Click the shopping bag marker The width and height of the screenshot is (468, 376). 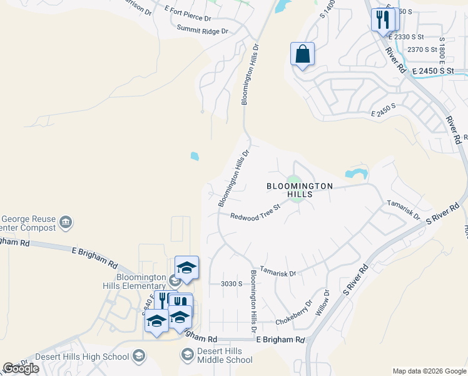pyautogui.click(x=302, y=55)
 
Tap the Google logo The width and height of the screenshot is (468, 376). pyautogui.click(x=21, y=368)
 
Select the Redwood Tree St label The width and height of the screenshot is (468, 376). pyautogui.click(x=254, y=216)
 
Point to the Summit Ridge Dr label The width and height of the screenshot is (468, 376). pyautogui.click(x=201, y=29)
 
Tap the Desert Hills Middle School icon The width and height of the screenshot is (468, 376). pyautogui.click(x=187, y=355)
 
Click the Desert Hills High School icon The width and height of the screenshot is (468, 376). pyautogui.click(x=140, y=357)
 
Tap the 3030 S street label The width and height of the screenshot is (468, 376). pyautogui.click(x=231, y=284)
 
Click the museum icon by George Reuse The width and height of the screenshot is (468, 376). pyautogui.click(x=65, y=222)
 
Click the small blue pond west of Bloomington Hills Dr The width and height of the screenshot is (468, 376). pyautogui.click(x=195, y=156)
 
